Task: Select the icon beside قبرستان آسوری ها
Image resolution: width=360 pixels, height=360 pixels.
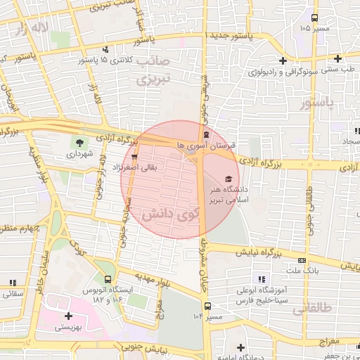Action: (205, 135)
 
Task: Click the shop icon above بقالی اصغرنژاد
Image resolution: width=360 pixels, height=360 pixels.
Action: (134, 157)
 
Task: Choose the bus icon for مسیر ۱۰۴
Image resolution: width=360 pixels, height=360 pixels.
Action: (207, 306)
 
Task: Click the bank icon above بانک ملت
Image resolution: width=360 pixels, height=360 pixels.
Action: (302, 259)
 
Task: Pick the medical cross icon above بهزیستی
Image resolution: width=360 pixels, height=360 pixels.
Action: (67, 316)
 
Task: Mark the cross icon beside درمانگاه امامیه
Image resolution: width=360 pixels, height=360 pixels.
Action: (241, 347)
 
